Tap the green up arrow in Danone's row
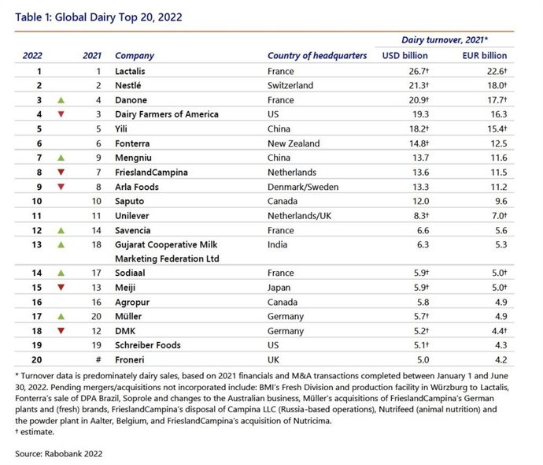click(x=61, y=100)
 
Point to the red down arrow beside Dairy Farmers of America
click(x=61, y=114)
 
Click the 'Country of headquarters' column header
click(x=317, y=56)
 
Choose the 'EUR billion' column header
click(x=483, y=56)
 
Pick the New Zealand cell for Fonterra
click(x=294, y=143)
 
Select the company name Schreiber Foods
click(x=148, y=345)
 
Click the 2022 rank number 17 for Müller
click(x=36, y=316)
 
